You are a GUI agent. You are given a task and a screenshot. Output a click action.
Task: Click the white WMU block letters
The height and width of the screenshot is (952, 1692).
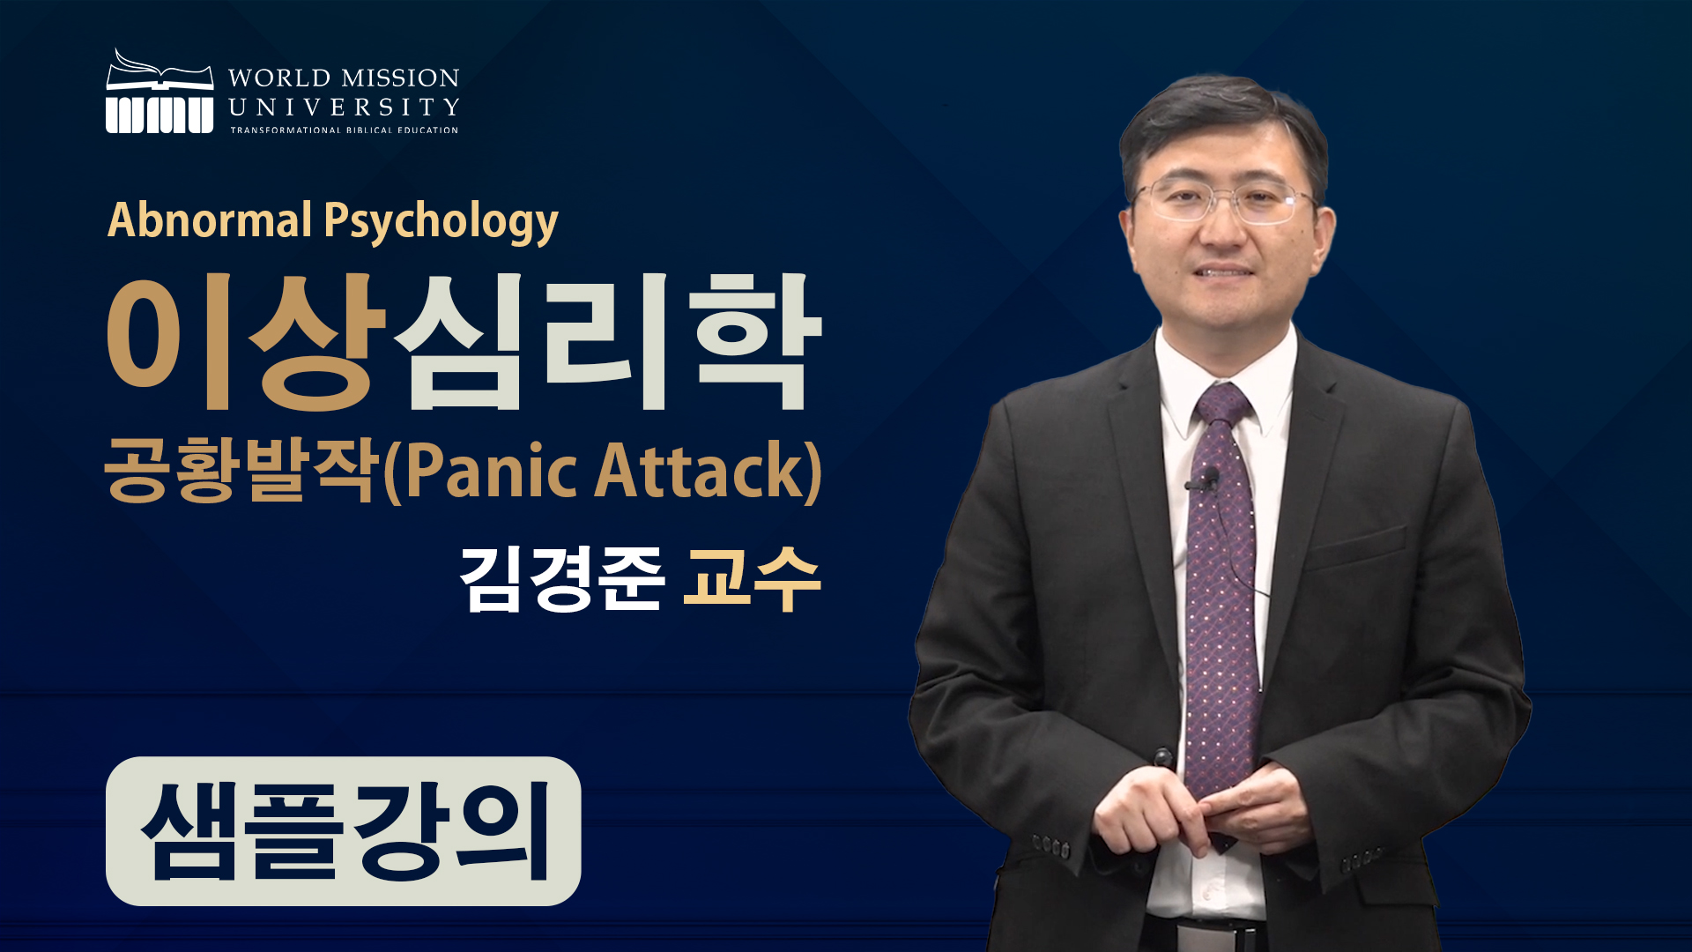pyautogui.click(x=160, y=115)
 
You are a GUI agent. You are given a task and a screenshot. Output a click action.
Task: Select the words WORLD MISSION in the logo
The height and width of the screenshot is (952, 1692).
pyautogui.click(x=344, y=78)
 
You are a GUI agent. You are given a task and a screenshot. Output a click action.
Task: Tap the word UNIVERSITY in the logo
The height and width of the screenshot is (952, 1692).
pyautogui.click(x=344, y=108)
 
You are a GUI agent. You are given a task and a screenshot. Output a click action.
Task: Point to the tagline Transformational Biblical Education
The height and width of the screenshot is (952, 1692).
pyautogui.click(x=345, y=130)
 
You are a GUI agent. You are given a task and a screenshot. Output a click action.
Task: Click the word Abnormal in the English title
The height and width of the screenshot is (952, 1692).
pyautogui.click(x=210, y=220)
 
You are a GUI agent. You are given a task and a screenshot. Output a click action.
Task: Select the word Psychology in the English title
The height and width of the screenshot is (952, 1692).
pyautogui.click(x=442, y=222)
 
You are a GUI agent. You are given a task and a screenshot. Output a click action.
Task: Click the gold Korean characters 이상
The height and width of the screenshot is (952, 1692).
pyautogui.click(x=248, y=342)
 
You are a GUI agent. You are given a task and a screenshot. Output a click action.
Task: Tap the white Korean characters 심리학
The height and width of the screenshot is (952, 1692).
pyautogui.click(x=608, y=342)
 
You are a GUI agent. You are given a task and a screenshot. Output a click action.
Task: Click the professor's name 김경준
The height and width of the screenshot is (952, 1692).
pyautogui.click(x=561, y=579)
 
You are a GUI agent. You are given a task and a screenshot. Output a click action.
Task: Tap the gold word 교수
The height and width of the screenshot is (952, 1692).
pyautogui.click(x=753, y=578)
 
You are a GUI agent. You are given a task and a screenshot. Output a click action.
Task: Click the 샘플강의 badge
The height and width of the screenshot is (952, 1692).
pyautogui.click(x=344, y=831)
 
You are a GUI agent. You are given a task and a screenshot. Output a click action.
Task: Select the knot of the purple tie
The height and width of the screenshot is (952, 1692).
pyautogui.click(x=1222, y=405)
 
